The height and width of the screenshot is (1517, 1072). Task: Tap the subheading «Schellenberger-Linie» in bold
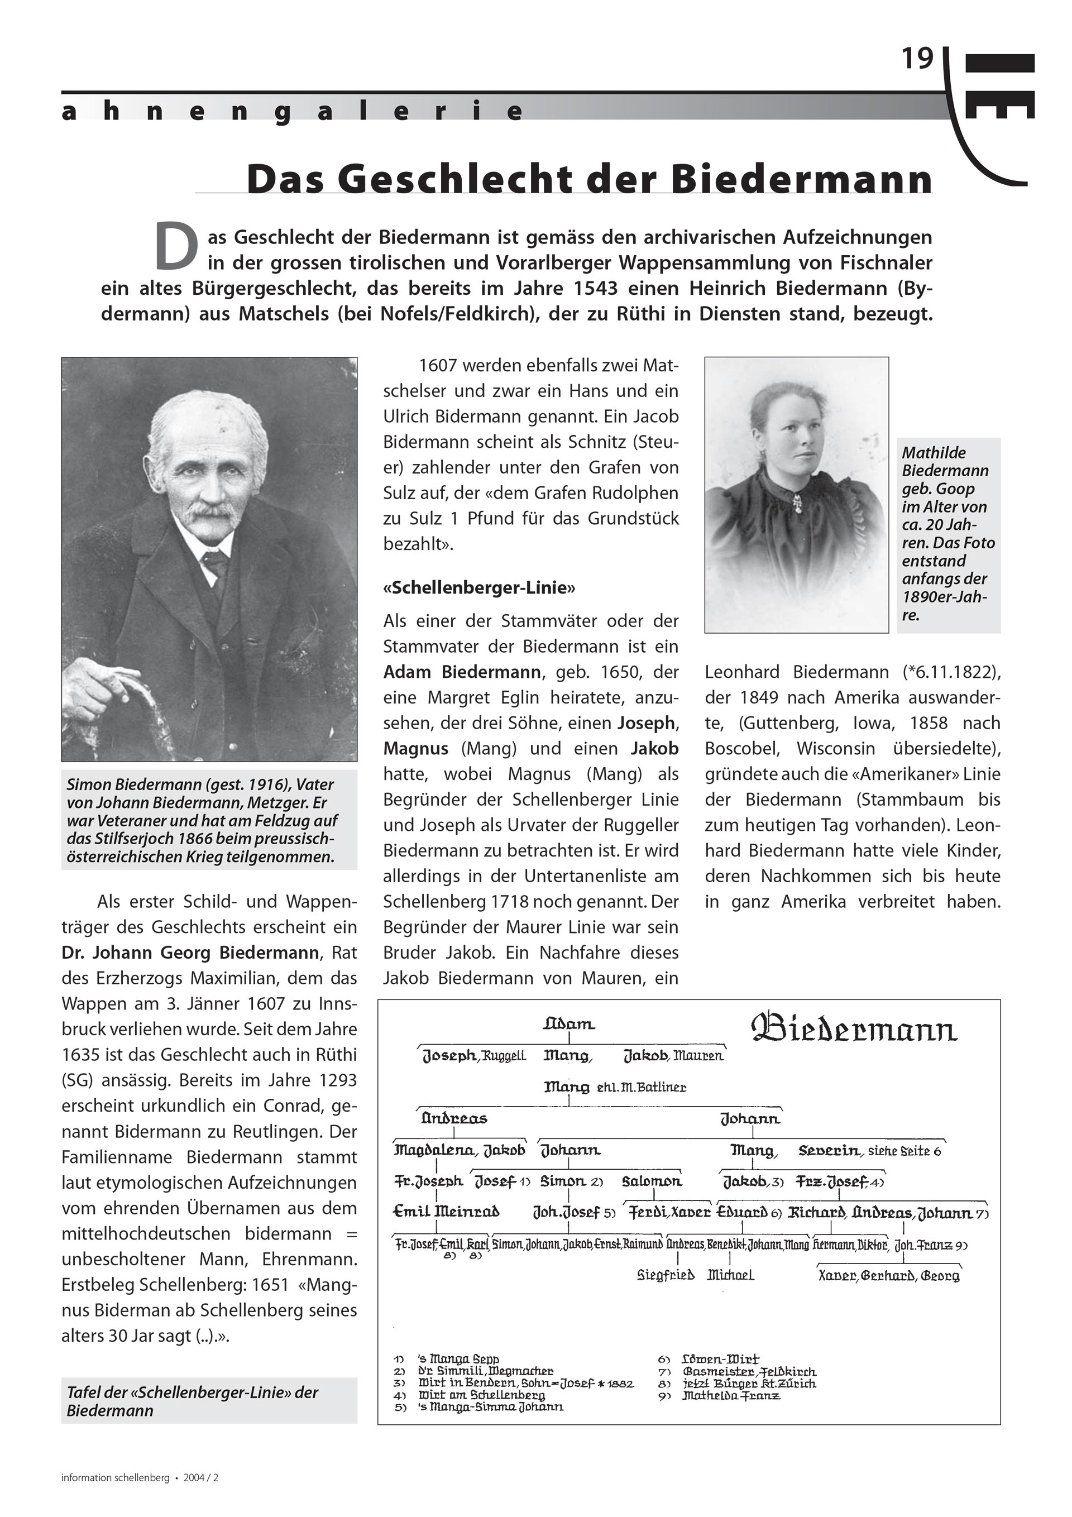[479, 587]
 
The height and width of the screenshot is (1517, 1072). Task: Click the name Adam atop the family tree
[569, 1024]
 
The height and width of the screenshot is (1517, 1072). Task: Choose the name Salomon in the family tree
[652, 1181]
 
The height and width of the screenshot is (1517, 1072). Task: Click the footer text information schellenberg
[116, 1478]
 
